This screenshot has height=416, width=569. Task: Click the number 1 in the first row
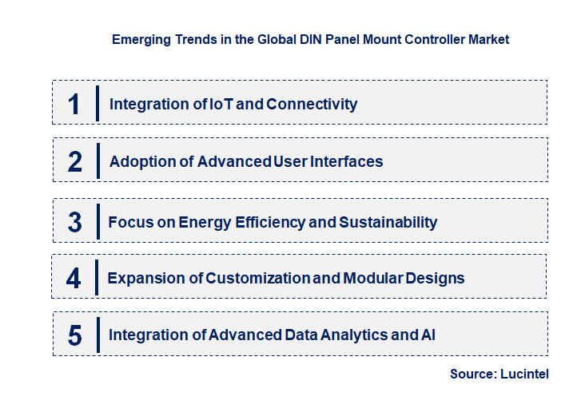[74, 104]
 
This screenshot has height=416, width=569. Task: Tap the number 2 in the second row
[74, 161]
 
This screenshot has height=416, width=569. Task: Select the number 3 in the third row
[74, 222]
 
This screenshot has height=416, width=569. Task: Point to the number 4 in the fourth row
[74, 279]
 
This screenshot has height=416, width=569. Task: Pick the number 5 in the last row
[74, 335]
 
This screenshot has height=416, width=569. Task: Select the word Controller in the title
[435, 38]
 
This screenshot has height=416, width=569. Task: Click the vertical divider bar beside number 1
[97, 103]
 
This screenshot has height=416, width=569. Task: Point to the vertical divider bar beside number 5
[97, 334]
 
